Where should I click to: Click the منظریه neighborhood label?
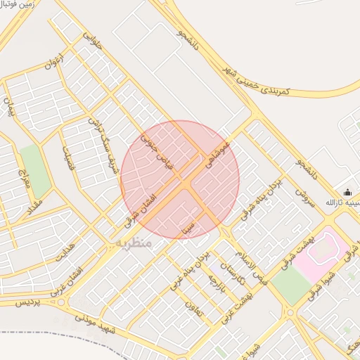[x=130, y=243]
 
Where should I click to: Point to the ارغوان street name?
[x=54, y=61]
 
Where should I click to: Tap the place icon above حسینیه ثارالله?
[x=347, y=192]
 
